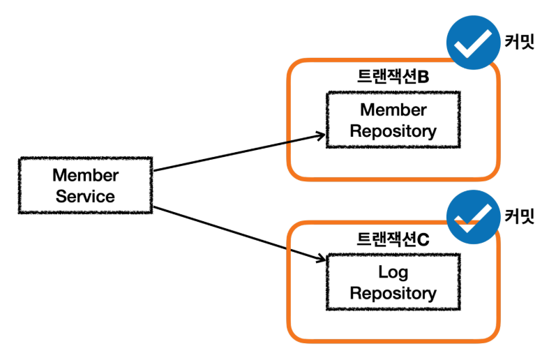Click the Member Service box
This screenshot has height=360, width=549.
click(x=85, y=186)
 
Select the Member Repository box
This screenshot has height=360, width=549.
click(x=393, y=120)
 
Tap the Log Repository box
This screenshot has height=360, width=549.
click(x=393, y=282)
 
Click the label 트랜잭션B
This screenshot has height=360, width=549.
click(x=393, y=76)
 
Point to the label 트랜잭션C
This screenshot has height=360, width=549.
click(x=393, y=239)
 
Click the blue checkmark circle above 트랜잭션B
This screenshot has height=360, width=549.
click(x=474, y=43)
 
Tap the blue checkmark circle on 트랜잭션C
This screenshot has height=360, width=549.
click(x=474, y=217)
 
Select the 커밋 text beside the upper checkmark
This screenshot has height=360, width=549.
click(x=519, y=42)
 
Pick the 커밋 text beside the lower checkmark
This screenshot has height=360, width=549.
click(x=519, y=216)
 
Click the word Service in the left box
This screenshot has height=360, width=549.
click(x=85, y=196)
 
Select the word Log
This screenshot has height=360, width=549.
click(x=393, y=272)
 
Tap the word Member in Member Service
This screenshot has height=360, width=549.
click(x=85, y=175)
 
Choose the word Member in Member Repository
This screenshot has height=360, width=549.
click(x=393, y=110)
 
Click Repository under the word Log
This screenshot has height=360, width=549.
click(x=393, y=293)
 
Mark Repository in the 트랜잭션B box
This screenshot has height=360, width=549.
click(x=393, y=131)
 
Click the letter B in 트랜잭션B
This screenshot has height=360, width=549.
click(x=423, y=77)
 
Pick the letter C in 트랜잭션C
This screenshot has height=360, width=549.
click(x=423, y=240)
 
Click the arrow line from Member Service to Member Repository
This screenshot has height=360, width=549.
click(x=239, y=153)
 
